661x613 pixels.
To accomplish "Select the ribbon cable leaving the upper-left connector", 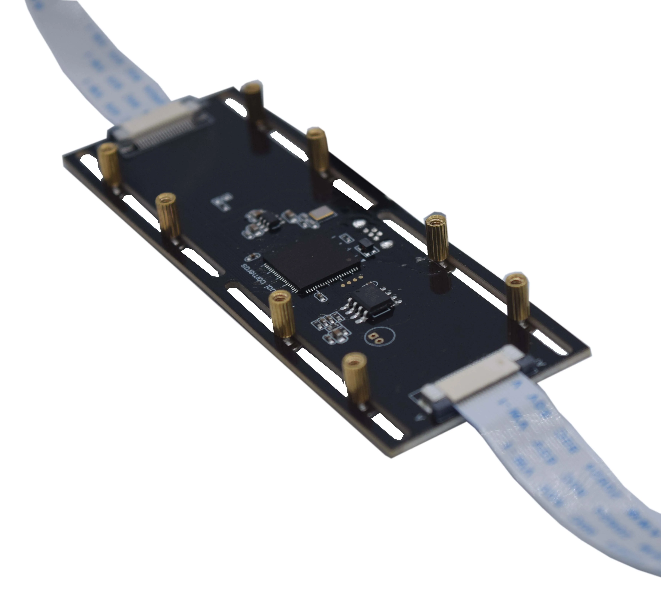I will pyautogui.click(x=100, y=66).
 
